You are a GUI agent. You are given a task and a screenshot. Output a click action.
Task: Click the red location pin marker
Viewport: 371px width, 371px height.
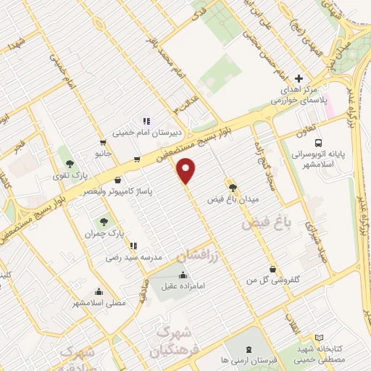point(187,170)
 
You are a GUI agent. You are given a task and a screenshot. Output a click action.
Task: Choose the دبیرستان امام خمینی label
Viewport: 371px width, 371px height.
point(144,133)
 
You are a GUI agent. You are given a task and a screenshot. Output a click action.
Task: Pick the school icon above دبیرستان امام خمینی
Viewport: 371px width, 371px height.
point(145,121)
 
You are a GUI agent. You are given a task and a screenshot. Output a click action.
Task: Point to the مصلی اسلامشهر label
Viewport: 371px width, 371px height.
point(101,301)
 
